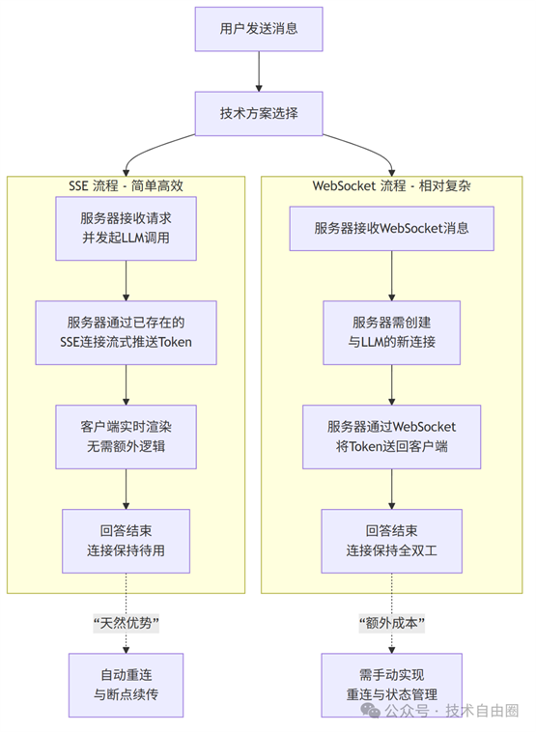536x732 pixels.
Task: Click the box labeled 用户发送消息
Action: (x=259, y=29)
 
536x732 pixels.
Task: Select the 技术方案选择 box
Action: (x=259, y=113)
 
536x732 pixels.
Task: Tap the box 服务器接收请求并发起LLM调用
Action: (x=127, y=228)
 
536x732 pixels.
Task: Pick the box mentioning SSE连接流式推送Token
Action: (x=127, y=332)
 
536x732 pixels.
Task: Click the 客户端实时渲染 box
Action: (x=127, y=436)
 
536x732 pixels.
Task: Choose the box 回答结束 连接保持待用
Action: (x=127, y=541)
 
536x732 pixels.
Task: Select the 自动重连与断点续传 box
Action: (x=127, y=685)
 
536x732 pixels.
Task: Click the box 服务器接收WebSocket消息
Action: (x=392, y=228)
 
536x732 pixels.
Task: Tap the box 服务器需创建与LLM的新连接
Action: (x=392, y=332)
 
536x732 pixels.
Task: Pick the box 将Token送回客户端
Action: (x=392, y=436)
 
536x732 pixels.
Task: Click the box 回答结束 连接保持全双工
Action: (x=392, y=541)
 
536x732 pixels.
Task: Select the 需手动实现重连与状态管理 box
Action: (x=392, y=685)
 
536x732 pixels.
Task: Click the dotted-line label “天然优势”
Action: (x=127, y=623)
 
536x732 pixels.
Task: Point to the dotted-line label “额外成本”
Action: (x=392, y=623)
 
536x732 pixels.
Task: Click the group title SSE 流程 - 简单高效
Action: (x=127, y=185)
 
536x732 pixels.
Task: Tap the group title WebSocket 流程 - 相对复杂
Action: (x=392, y=185)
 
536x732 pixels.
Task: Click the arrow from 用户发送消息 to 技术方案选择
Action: (x=259, y=71)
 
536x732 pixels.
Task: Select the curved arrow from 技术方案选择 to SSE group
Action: (x=149, y=149)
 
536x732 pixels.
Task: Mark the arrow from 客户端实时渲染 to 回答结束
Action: (x=127, y=489)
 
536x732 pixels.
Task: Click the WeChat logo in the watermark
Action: (x=371, y=710)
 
